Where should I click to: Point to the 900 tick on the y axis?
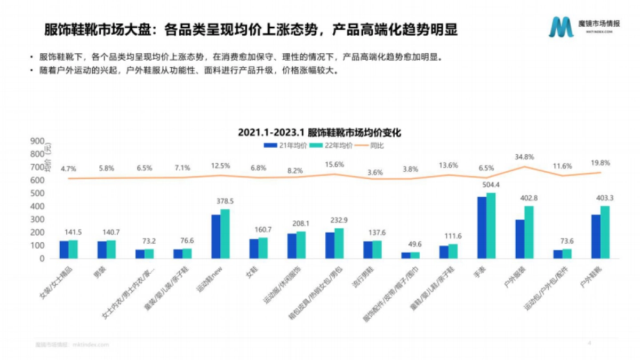click(x=37, y=141)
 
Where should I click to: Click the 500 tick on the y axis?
click(x=37, y=193)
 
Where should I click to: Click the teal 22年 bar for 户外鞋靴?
click(x=605, y=232)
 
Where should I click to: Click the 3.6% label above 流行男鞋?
click(x=375, y=172)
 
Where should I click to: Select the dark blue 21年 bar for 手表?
click(x=482, y=228)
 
